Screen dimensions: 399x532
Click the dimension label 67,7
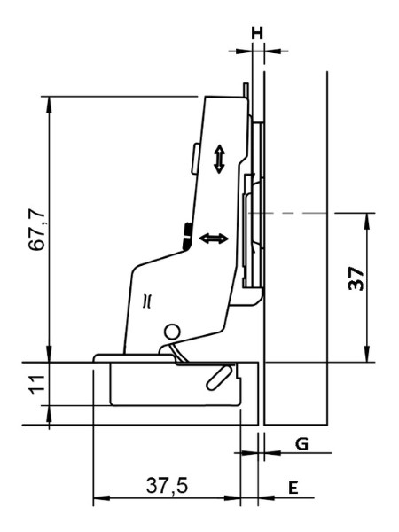point(37,230)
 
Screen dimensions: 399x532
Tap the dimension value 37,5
point(167,486)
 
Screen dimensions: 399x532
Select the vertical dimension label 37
point(356,278)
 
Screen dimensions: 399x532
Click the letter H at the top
point(257,34)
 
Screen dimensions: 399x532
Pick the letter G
point(301,444)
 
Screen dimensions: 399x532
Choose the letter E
point(293,489)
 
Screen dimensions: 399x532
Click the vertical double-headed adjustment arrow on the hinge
point(220,159)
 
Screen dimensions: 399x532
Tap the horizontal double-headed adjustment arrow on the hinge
point(214,239)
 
